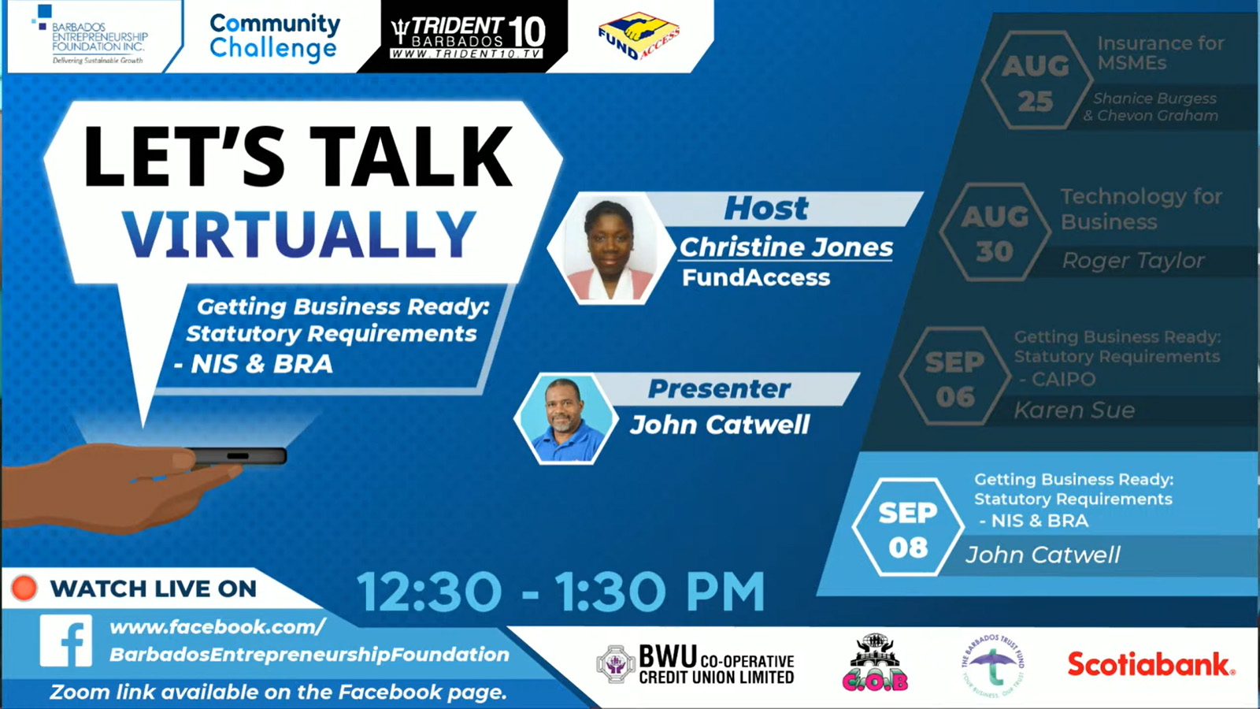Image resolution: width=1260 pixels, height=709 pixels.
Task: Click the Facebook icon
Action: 66,641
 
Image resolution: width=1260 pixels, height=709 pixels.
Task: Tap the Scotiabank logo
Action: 1151,665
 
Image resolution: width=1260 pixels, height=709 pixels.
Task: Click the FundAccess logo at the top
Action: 639,36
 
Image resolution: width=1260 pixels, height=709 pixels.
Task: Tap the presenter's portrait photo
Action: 564,418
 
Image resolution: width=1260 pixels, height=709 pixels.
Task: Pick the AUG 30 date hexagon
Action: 995,233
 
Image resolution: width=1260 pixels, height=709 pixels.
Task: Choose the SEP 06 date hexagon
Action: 954,379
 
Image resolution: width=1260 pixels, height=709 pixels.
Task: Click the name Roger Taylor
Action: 1132,261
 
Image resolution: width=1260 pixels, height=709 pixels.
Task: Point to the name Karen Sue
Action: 1074,410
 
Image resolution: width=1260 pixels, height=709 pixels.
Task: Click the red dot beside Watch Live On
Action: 24,588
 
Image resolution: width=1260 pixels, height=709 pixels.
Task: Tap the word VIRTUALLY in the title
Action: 298,235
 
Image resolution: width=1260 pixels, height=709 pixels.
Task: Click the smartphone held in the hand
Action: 236,456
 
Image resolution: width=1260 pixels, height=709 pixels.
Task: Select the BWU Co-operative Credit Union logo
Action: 695,665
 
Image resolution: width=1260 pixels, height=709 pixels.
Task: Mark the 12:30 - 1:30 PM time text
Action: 561,592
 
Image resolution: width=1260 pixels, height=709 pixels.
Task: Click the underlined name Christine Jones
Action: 786,247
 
